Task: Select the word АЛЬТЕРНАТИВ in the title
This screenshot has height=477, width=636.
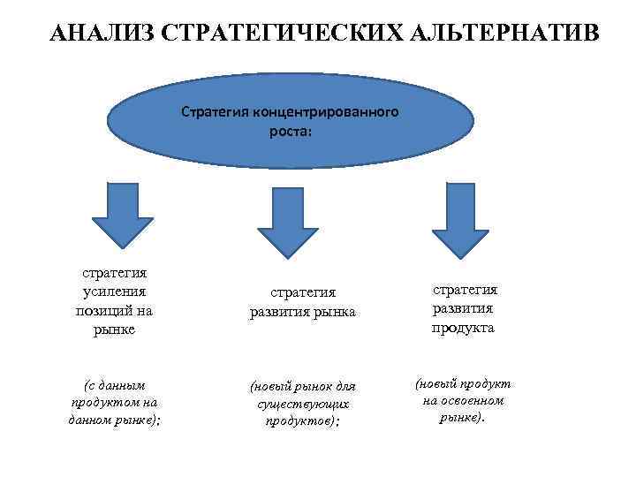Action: [495, 33]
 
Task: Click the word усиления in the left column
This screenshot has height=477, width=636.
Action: [114, 291]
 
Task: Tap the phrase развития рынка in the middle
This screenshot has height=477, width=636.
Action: [301, 312]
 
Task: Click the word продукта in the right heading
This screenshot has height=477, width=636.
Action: [463, 328]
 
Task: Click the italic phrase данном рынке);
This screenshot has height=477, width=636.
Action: [114, 420]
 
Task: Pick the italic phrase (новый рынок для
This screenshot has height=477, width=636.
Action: [302, 386]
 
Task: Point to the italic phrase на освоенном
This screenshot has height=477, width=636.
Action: [463, 400]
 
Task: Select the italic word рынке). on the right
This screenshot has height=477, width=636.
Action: [463, 417]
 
